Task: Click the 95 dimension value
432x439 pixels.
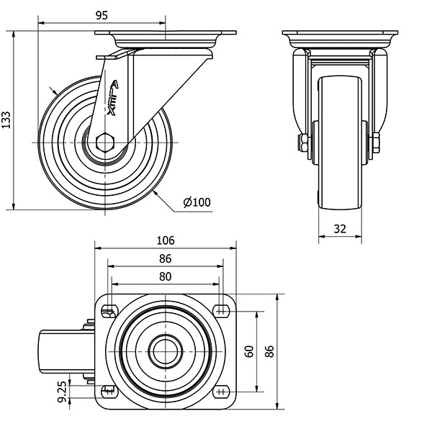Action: point(101,16)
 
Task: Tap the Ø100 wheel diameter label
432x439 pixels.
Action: point(197,202)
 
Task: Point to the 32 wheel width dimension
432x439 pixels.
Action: point(341,229)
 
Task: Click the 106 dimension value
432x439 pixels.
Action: point(165,240)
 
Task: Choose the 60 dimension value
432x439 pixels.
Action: point(249,351)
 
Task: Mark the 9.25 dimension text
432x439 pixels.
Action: point(61,393)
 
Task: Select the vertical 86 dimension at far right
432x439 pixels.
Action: point(271,351)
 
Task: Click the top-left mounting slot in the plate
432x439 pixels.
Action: point(110,310)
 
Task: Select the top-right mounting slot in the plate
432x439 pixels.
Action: point(220,310)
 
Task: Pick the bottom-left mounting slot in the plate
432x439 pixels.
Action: point(110,392)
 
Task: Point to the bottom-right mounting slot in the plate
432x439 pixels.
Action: point(220,392)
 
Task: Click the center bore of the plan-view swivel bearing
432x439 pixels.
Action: point(165,351)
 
